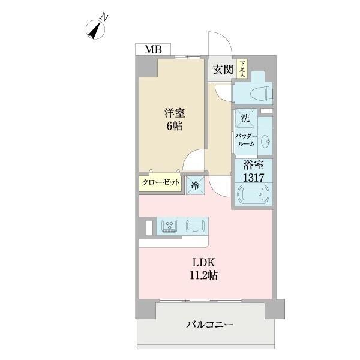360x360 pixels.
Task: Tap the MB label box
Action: (152, 50)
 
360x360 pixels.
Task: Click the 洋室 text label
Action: (175, 113)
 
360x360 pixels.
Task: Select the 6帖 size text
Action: (175, 126)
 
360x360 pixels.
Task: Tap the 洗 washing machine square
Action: (245, 118)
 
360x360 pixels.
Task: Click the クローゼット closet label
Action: (161, 183)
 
